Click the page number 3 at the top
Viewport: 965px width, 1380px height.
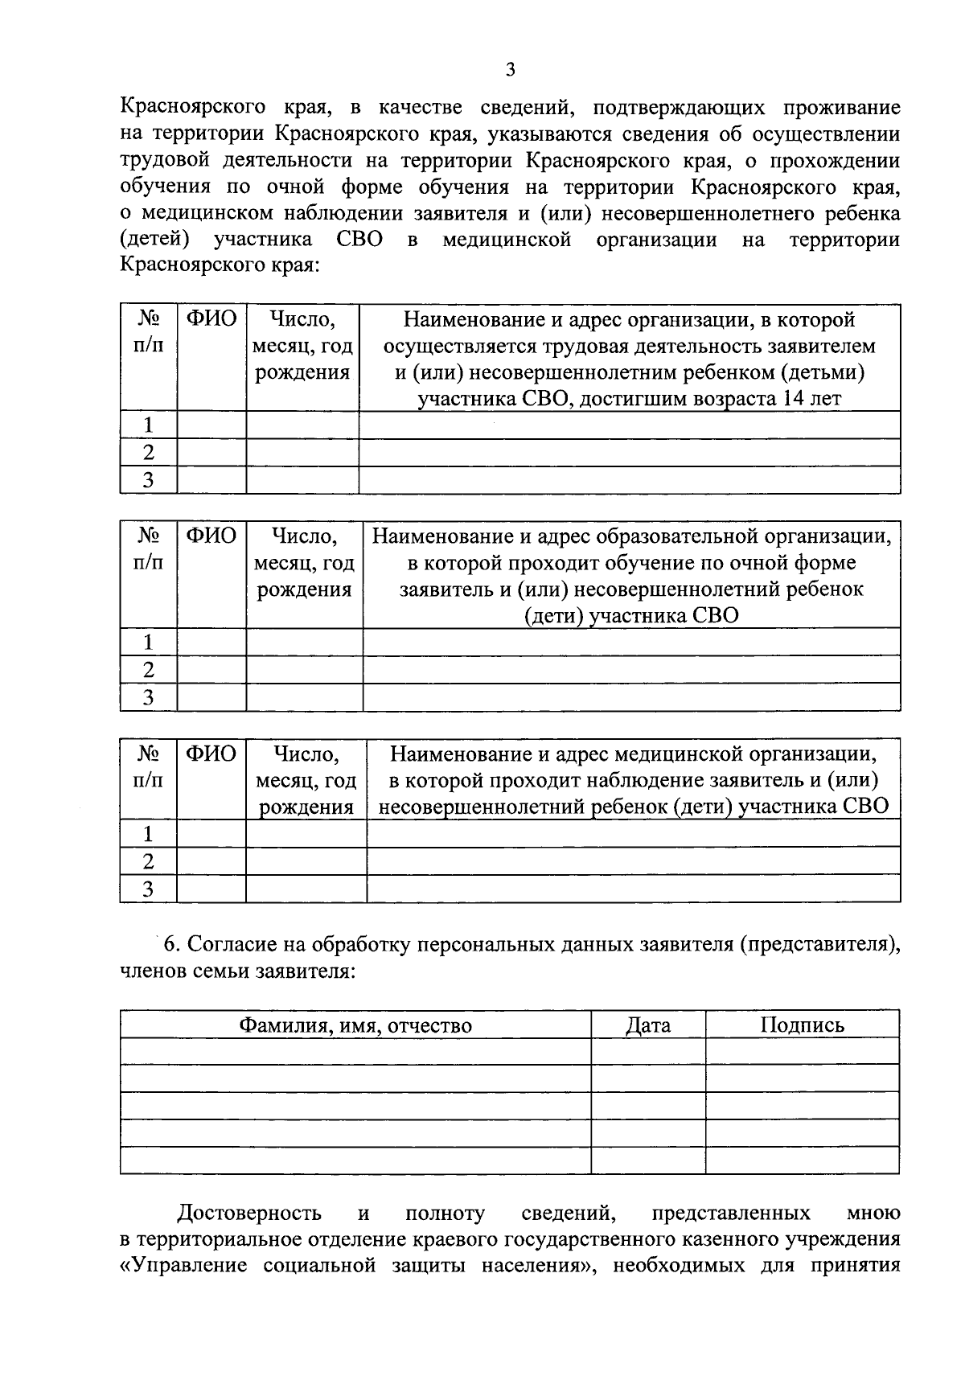click(x=510, y=70)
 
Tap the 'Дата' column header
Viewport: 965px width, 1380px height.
click(x=648, y=1025)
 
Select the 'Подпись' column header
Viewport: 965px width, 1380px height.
click(x=802, y=1025)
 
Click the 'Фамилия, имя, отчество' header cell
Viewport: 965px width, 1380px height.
click(x=355, y=1025)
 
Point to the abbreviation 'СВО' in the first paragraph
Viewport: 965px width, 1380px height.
click(x=355, y=240)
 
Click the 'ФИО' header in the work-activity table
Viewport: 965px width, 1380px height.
click(x=211, y=319)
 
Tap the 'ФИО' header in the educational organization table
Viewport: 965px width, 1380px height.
click(x=211, y=536)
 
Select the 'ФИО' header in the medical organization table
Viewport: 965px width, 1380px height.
click(x=211, y=754)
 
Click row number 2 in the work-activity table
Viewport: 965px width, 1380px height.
click(x=149, y=452)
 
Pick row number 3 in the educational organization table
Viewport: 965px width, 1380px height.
click(x=149, y=697)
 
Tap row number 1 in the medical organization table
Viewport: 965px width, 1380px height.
click(x=149, y=833)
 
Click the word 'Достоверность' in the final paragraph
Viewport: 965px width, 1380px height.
click(x=249, y=1213)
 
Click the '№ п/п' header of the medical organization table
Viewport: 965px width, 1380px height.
click(x=149, y=766)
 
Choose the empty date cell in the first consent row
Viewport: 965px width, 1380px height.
click(x=648, y=1051)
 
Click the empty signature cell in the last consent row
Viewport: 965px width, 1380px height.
click(x=802, y=1160)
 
